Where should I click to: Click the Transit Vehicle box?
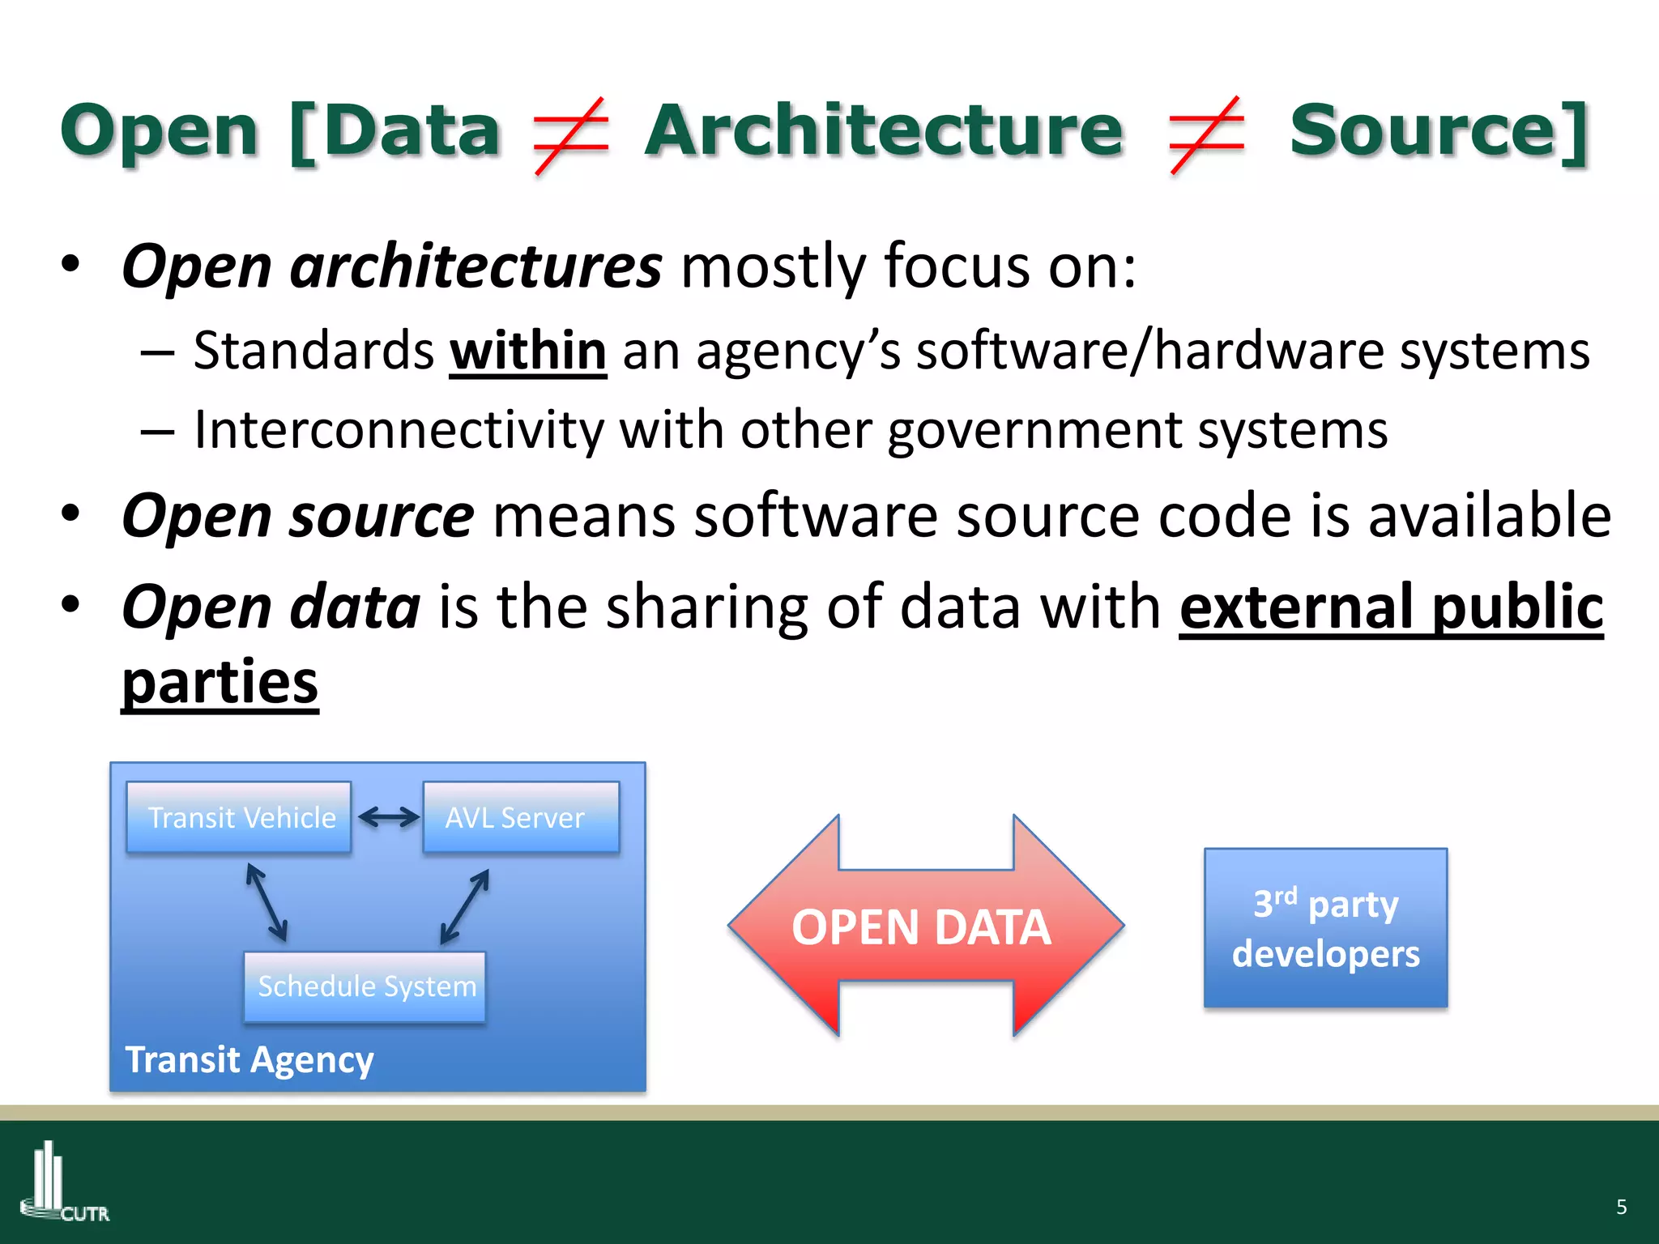click(239, 817)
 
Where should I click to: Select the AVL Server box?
click(521, 817)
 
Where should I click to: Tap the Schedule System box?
click(365, 986)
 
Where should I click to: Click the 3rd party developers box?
click(1325, 928)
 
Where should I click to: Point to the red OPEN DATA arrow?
click(925, 927)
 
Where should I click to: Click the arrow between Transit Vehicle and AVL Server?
click(388, 817)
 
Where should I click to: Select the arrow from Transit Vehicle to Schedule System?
click(267, 902)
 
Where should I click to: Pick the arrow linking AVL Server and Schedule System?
click(465, 906)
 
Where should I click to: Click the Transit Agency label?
click(249, 1059)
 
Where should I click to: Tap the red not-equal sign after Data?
click(571, 135)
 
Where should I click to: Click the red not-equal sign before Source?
click(1206, 135)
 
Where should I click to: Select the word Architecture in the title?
click(884, 131)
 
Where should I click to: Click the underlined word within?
click(528, 351)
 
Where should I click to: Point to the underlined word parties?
click(220, 682)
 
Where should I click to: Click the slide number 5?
click(1621, 1207)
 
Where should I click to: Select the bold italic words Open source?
click(297, 516)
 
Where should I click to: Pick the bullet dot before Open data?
click(71, 604)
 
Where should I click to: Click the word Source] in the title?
click(1439, 131)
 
